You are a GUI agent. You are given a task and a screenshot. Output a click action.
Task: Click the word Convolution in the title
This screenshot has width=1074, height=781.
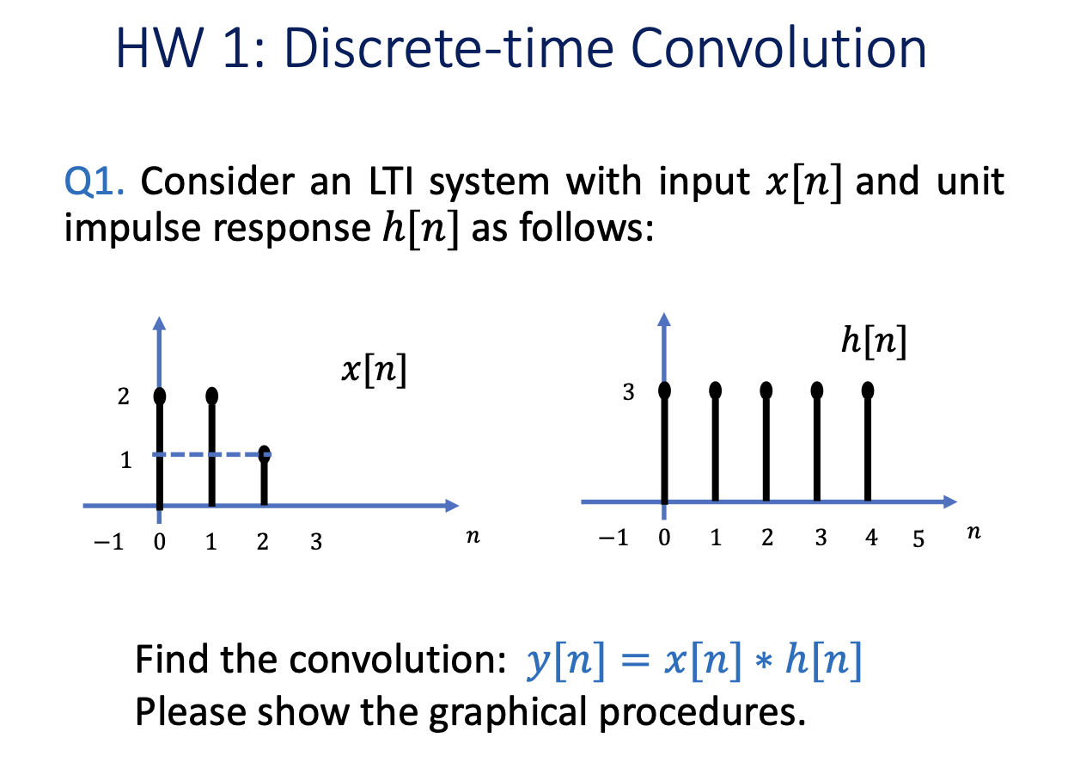pyautogui.click(x=778, y=48)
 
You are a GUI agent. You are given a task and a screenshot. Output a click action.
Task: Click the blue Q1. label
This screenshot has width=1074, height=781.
pyautogui.click(x=94, y=182)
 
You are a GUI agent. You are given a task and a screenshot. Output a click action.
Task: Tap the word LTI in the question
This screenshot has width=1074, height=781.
pyautogui.click(x=391, y=181)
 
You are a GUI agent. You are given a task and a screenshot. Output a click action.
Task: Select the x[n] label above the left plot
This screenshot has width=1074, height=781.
pyautogui.click(x=374, y=370)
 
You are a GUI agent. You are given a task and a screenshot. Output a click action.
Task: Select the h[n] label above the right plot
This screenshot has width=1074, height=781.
pyautogui.click(x=874, y=341)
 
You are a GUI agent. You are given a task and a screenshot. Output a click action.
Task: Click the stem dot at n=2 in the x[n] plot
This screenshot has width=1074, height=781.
pyautogui.click(x=264, y=453)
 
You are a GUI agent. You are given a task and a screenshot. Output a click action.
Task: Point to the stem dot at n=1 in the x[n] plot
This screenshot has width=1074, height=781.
pyautogui.click(x=212, y=396)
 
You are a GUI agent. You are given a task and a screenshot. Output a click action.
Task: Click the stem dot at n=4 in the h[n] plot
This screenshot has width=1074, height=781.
pyautogui.click(x=867, y=390)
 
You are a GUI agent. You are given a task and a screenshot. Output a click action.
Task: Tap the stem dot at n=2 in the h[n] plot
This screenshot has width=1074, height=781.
pyautogui.click(x=766, y=390)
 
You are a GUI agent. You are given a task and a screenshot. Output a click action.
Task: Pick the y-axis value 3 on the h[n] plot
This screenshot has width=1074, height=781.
pyautogui.click(x=629, y=392)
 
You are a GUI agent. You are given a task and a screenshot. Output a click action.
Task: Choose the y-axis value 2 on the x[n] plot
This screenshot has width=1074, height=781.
pyautogui.click(x=123, y=397)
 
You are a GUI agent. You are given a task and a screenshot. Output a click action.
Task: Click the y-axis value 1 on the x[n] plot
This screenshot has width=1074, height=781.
pyautogui.click(x=126, y=460)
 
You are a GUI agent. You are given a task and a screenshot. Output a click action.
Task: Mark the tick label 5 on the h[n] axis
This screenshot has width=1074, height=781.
pyautogui.click(x=918, y=538)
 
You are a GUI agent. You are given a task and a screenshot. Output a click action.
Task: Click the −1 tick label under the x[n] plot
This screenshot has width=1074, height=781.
pyautogui.click(x=109, y=542)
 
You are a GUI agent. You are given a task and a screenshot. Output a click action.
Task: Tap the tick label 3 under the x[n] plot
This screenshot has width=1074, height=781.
pyautogui.click(x=316, y=542)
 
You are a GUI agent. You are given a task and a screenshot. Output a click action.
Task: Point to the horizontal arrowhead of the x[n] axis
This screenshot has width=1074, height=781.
pyautogui.click(x=452, y=506)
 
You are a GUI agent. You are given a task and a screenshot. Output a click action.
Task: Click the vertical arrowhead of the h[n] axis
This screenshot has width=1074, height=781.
pyautogui.click(x=664, y=319)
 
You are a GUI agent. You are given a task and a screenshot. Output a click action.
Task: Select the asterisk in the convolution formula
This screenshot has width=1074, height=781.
pyautogui.click(x=763, y=661)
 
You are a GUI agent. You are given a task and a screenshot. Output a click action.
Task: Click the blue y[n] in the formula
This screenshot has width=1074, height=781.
pyautogui.click(x=565, y=661)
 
